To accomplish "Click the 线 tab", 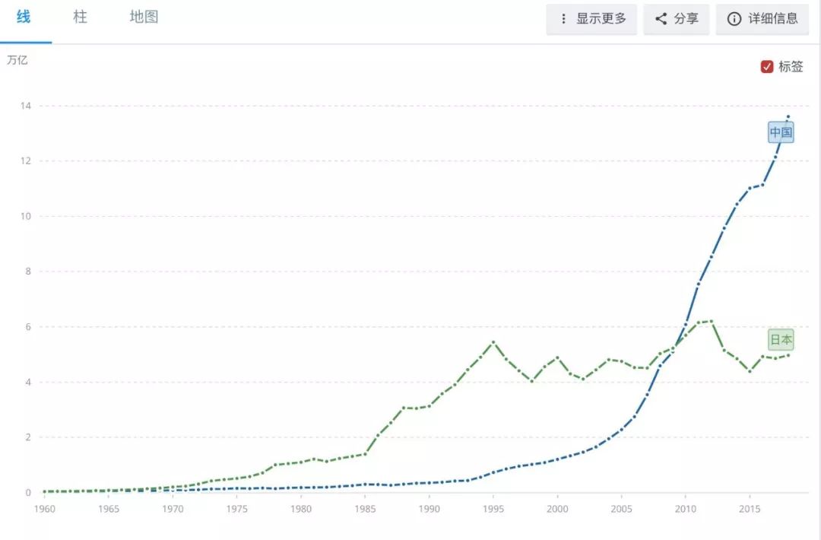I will (24, 17).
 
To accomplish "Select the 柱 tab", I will (80, 17).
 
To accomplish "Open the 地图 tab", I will (144, 17).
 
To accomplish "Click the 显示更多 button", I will (591, 19).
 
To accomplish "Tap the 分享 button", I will (677, 19).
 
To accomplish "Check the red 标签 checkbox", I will (767, 67).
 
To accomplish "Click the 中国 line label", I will (781, 133).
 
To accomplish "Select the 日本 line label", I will (781, 340).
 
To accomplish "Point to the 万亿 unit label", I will (17, 60).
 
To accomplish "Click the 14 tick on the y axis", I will (25, 106).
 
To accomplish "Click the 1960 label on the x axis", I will (44, 509).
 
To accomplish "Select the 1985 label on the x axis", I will (365, 509).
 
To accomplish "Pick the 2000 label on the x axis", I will (557, 509).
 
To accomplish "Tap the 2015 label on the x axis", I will (750, 509).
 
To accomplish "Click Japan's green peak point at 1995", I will (493, 342).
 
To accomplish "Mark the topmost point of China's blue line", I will (788, 116).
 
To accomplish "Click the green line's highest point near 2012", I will (712, 321).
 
